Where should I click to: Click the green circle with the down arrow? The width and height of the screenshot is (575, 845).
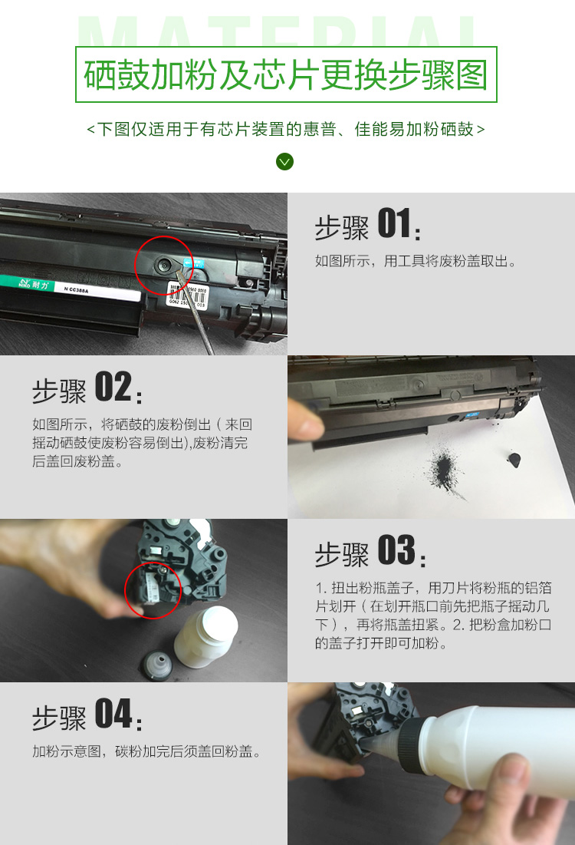284,162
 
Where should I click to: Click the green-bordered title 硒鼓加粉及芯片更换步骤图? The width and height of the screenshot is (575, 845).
286,74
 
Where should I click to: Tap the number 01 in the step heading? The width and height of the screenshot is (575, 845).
395,223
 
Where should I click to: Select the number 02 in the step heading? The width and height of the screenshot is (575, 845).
113,386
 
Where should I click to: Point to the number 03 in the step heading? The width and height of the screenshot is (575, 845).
396,550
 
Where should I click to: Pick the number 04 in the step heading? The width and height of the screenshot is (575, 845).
113,713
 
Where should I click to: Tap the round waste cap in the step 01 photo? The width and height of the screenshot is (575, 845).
163,265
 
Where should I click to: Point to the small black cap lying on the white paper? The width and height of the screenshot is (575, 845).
514,460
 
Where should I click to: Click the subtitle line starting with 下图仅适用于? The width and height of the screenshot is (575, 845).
286,130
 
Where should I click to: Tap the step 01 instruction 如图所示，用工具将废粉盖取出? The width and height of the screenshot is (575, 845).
416,262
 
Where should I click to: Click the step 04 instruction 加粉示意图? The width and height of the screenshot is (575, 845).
66,751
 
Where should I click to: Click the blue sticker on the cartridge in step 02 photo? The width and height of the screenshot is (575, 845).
472,415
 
